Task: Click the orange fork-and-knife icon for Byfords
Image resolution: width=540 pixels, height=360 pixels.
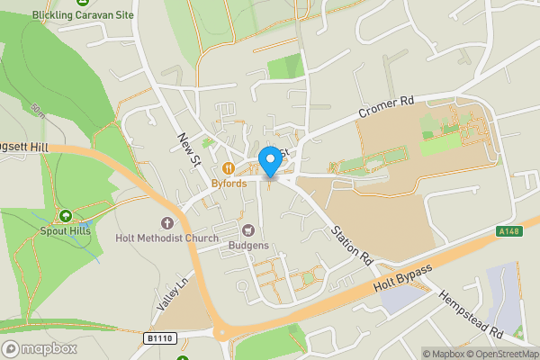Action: pos(229,168)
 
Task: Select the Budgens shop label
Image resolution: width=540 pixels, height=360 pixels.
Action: pos(248,246)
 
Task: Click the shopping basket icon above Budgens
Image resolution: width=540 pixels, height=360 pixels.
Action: pos(248,230)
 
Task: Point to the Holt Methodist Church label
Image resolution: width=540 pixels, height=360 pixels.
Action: pos(166,238)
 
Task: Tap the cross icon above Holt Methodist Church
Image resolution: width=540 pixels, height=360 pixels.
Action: pos(166,222)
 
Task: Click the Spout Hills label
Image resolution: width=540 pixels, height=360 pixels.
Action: pos(65,230)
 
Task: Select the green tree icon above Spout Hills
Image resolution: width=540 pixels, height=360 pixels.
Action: pos(65,215)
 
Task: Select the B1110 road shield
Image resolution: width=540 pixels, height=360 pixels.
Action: pos(158,337)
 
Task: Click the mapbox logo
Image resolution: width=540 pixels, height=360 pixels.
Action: pos(40,348)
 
